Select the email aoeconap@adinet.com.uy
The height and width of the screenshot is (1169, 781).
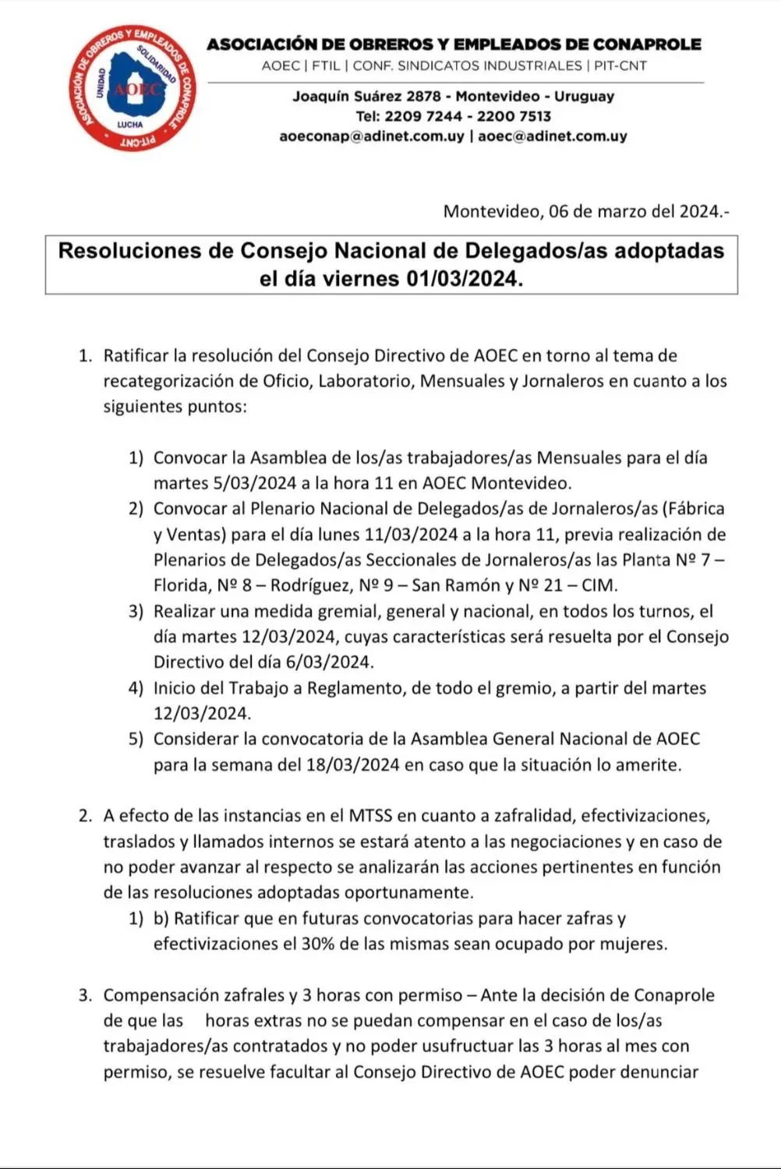(x=371, y=136)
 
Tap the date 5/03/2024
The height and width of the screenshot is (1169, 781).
(x=254, y=483)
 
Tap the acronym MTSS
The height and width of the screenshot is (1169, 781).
(x=369, y=816)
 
